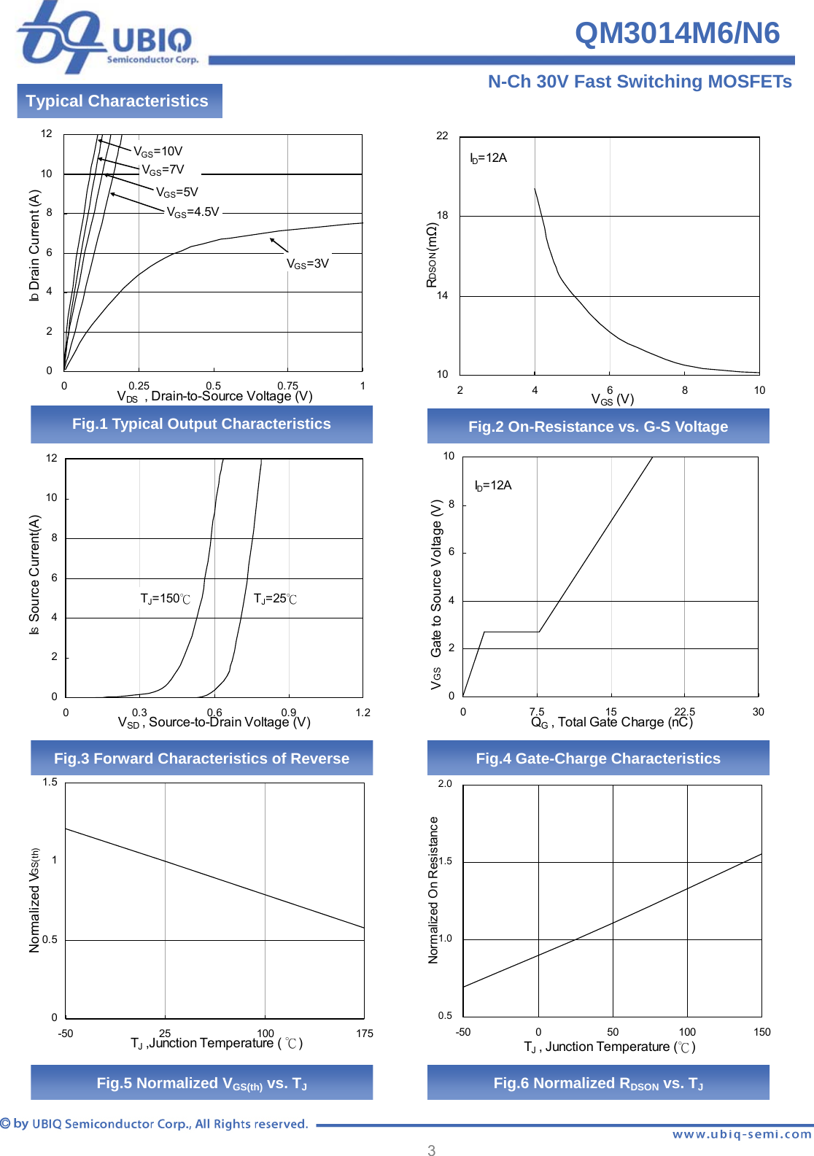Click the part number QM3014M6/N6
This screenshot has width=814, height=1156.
(677, 33)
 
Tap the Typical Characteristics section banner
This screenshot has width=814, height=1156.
(117, 101)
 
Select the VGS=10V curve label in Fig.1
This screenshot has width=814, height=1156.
(158, 151)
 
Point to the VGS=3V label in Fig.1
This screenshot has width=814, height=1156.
(307, 263)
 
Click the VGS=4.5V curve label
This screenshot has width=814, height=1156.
(193, 212)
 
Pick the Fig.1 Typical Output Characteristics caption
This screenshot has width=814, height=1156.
(201, 424)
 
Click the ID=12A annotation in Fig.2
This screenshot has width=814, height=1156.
(488, 158)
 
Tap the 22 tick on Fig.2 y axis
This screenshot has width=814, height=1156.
(442, 136)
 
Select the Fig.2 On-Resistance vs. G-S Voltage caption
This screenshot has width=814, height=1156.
(598, 427)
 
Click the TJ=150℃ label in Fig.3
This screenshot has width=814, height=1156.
(165, 599)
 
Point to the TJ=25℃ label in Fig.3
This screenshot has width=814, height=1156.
(275, 599)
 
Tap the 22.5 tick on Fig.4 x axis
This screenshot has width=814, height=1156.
(684, 712)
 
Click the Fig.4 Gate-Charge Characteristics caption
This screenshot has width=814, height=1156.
(598, 759)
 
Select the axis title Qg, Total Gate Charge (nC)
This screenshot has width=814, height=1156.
(611, 722)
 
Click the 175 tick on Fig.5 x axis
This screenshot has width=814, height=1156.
(365, 1033)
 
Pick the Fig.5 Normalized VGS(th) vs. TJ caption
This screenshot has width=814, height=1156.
(201, 1083)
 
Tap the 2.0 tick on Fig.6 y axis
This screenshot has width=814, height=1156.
(445, 784)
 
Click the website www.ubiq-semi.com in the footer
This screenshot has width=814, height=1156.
(741, 1134)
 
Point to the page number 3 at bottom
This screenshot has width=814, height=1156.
(431, 1150)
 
